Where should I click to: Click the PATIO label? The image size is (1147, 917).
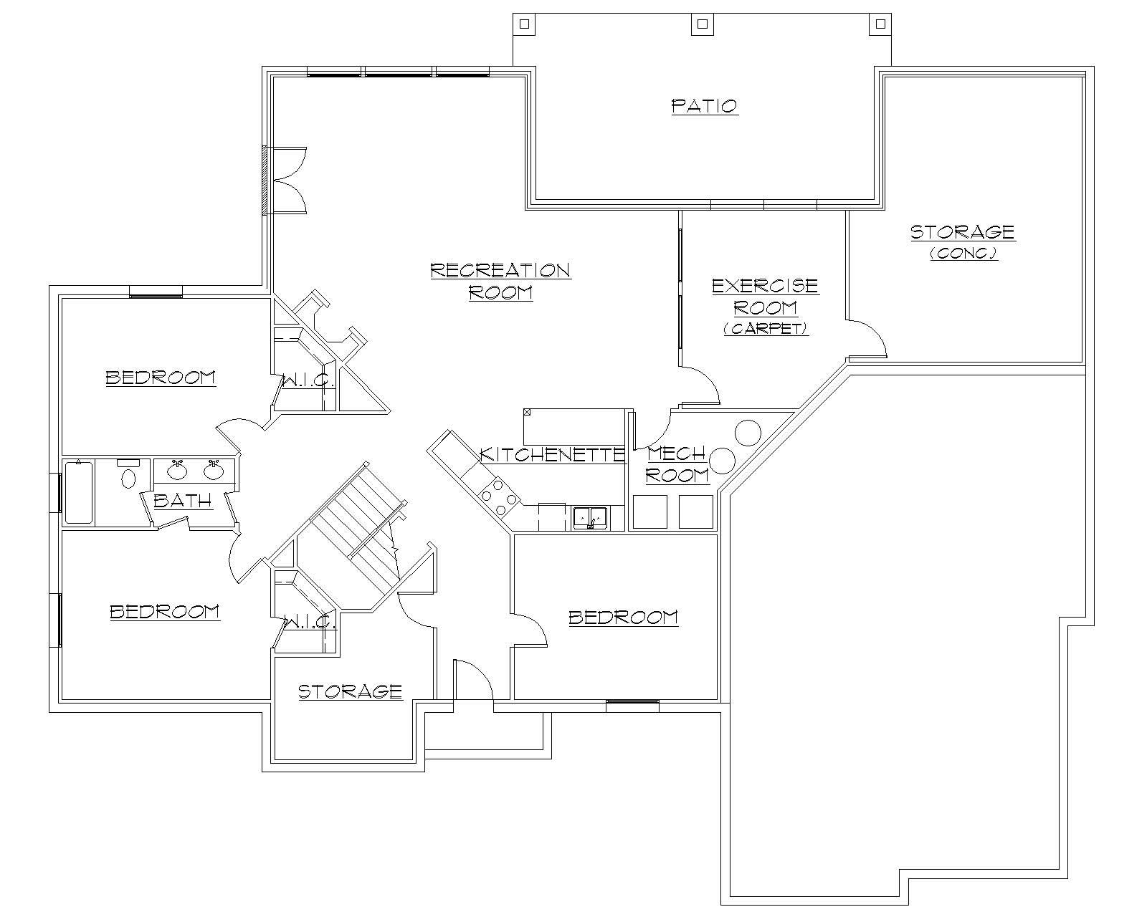(705, 106)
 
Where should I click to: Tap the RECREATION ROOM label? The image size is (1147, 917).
(500, 281)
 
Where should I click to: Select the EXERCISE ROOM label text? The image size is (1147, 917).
(765, 297)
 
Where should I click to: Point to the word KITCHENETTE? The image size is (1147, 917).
(552, 454)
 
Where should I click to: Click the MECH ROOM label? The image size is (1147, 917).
(677, 464)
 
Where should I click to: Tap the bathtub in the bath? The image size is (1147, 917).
(79, 493)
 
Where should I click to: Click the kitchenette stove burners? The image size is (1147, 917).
(499, 496)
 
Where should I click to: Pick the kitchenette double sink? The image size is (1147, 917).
(590, 516)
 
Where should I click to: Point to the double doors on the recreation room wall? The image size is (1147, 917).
(287, 180)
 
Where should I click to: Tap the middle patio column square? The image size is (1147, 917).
(702, 24)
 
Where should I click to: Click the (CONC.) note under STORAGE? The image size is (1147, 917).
(963, 253)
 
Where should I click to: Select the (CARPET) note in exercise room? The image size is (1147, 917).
(766, 329)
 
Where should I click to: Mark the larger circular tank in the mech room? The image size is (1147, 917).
(748, 433)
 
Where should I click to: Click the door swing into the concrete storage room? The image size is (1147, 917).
(869, 340)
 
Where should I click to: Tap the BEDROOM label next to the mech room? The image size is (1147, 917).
(623, 617)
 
